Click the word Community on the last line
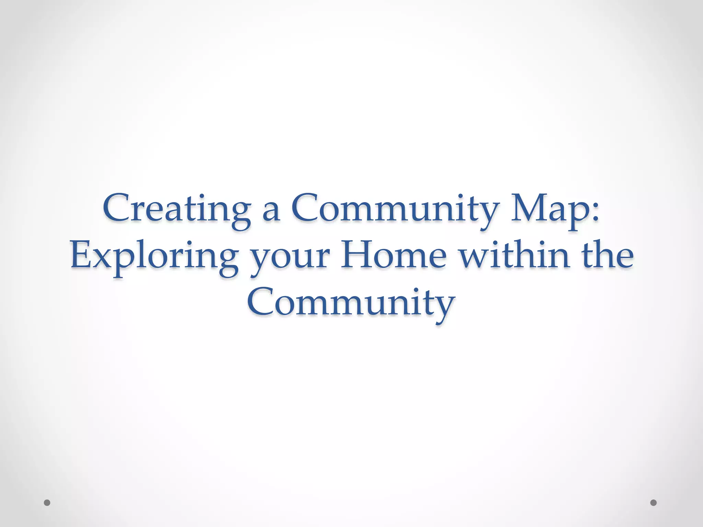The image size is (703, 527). coord(351,304)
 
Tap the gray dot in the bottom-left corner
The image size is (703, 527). coord(47,503)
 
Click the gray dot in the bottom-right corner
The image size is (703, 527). coord(653,503)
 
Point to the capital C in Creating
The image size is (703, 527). coord(115,207)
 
